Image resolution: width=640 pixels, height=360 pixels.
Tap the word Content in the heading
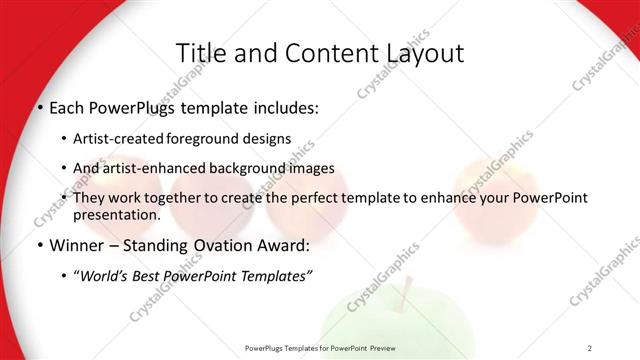click(x=321, y=52)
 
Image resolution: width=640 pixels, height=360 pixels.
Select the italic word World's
click(x=104, y=276)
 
